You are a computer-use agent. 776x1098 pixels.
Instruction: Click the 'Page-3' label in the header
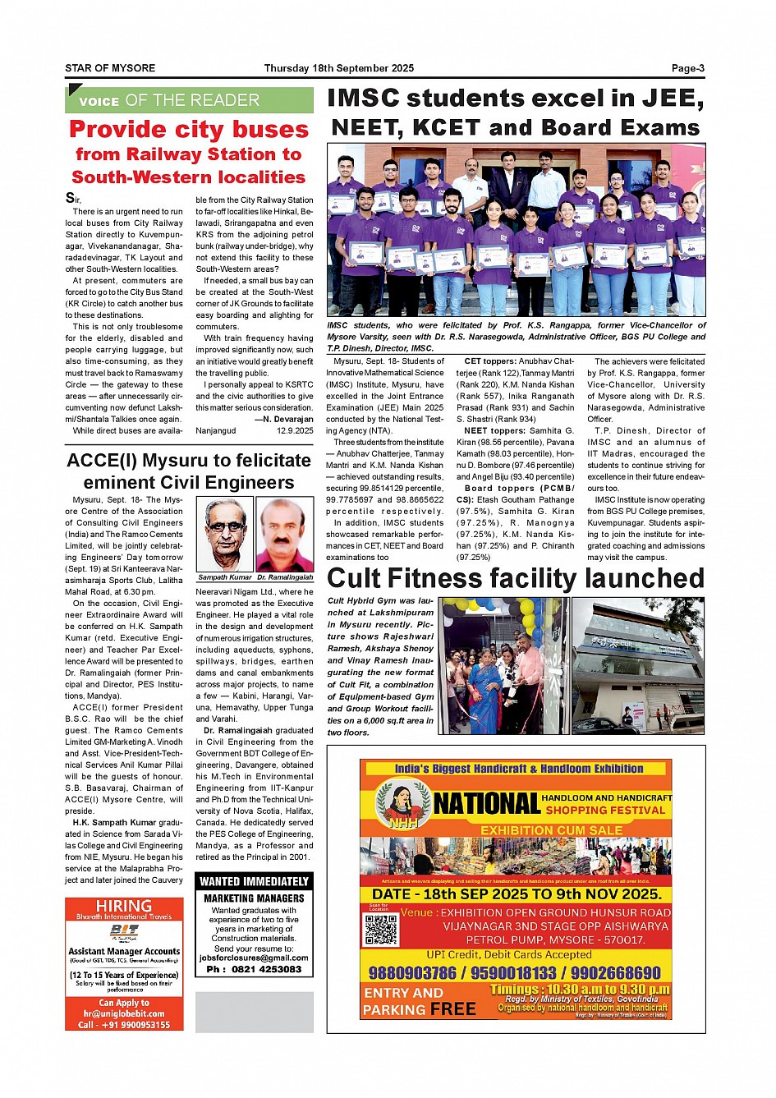pos(687,68)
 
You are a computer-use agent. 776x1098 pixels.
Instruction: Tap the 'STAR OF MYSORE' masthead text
pos(110,68)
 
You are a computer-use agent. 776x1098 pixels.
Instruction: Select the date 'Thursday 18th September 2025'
pos(339,68)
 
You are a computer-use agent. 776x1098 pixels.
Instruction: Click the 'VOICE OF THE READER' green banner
pos(189,100)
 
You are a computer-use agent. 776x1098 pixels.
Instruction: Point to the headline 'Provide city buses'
pos(189,130)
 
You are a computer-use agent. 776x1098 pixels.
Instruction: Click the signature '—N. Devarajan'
pos(283,419)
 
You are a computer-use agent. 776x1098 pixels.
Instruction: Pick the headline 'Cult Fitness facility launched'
pos(516,578)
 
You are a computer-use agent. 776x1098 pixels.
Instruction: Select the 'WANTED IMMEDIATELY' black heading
pos(254,881)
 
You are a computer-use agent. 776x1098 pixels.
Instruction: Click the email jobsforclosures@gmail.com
pos(254,958)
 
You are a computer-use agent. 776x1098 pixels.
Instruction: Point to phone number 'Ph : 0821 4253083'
pos(254,969)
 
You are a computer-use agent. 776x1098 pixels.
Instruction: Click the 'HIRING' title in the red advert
pos(124,906)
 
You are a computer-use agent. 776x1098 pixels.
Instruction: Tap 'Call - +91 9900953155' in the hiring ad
pos(124,1025)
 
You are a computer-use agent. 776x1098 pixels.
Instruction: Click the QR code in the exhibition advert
pos(380,928)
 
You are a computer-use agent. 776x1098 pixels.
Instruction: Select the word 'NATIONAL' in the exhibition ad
pos(486,803)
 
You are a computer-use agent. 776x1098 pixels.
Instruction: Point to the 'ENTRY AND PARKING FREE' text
pos(419,1001)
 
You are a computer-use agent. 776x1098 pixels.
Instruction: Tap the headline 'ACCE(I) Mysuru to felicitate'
pos(189,461)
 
